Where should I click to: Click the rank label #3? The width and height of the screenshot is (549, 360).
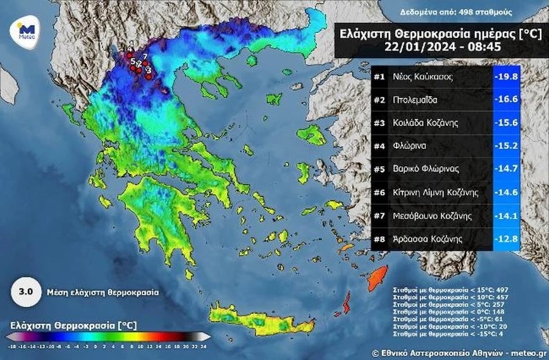pos(379,123)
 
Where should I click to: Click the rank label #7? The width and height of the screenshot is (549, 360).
pos(379,216)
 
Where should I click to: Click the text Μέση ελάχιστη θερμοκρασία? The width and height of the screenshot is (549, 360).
pos(102,293)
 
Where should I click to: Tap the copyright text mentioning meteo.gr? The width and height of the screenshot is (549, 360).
pos(459,352)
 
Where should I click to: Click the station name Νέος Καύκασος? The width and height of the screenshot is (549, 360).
pos(423,77)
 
